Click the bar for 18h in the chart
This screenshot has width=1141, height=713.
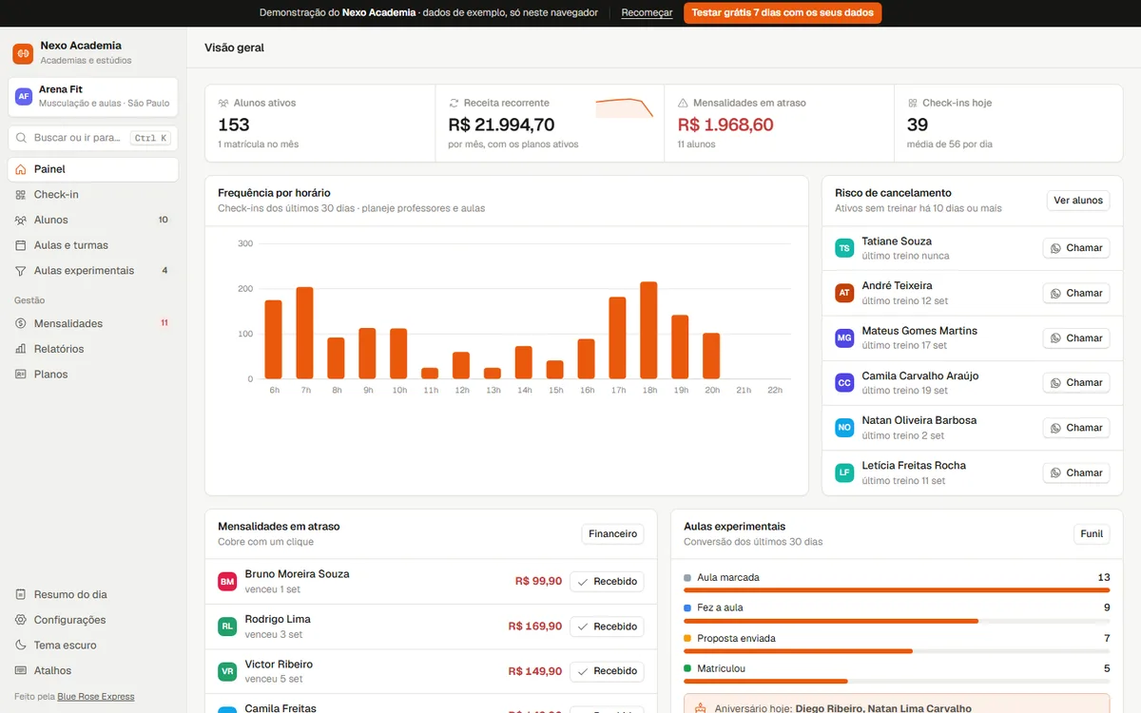[x=648, y=330]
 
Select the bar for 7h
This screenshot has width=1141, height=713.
[x=304, y=333]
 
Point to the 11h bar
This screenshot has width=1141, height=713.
[x=430, y=374]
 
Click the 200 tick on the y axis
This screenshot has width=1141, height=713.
[x=245, y=289]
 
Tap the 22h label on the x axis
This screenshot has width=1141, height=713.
[x=775, y=390]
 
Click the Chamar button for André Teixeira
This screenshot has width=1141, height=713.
[x=1076, y=294]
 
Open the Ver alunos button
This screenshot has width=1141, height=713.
[x=1078, y=201]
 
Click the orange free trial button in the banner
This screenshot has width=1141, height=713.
[x=783, y=12]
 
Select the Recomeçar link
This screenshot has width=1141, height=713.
[x=647, y=12]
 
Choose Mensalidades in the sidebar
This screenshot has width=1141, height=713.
[x=68, y=323]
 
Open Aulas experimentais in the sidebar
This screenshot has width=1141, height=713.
[x=84, y=270]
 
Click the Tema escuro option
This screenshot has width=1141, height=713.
[x=66, y=646]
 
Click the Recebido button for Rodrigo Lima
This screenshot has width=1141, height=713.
[x=607, y=626]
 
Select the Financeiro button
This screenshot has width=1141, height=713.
[x=612, y=533]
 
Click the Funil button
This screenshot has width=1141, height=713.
[x=1092, y=533]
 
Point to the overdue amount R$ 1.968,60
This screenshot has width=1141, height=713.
[x=725, y=125]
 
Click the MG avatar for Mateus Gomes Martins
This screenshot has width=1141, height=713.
[x=844, y=338]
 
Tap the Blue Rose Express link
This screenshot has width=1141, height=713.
[x=96, y=697]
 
